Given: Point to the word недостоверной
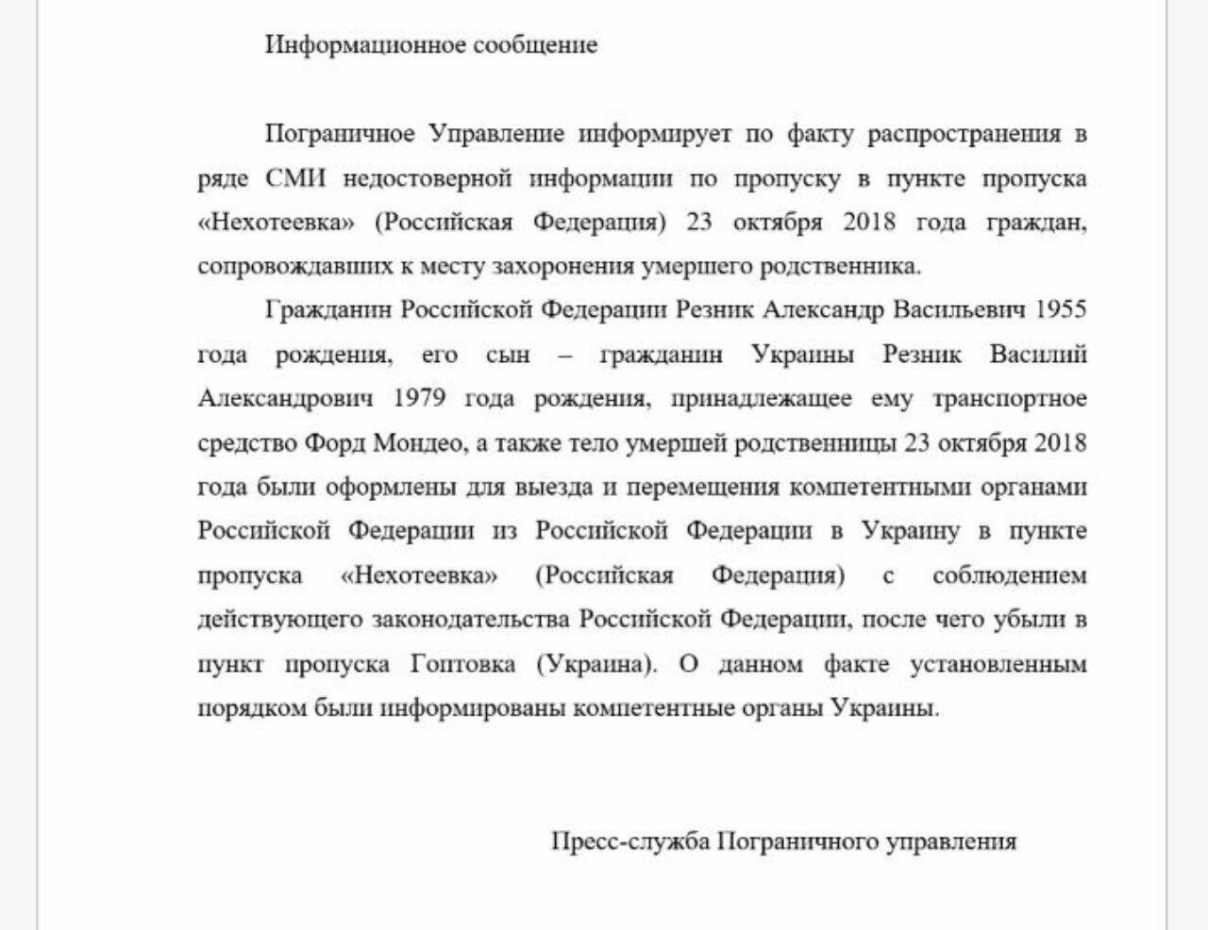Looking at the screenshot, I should [x=427, y=178].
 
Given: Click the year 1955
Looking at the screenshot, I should [x=1061, y=309].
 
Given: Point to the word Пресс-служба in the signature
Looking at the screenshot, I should [x=630, y=840].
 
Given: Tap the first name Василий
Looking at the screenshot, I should [x=1038, y=354].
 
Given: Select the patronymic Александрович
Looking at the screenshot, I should [x=285, y=398].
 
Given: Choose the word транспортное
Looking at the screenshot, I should [x=1010, y=398].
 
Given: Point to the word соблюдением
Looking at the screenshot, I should [x=1010, y=575].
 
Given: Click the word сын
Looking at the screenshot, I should [x=508, y=354].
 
